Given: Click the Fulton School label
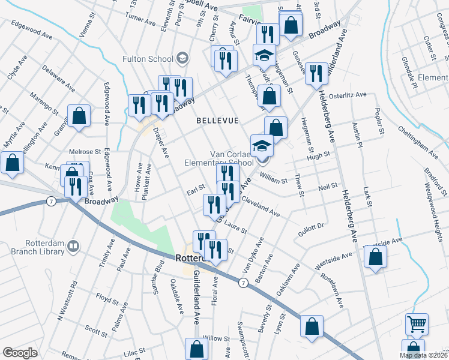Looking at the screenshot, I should tap(147, 59).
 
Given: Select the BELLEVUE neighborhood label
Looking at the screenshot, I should tap(218, 121).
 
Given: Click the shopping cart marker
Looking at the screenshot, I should tap(417, 323).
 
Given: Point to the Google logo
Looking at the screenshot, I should tap(20, 353).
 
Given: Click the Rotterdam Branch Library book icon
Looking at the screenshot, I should tap(73, 246).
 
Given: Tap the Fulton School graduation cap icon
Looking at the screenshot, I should tap(182, 58).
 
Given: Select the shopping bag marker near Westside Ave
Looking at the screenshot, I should tap(375, 257).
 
